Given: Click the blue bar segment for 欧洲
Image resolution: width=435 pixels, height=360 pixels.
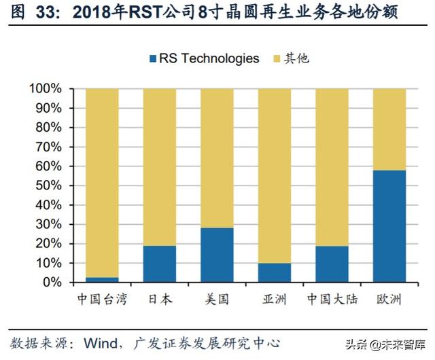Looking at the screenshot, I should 389,226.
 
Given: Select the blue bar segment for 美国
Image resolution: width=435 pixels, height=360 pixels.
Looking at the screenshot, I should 217,255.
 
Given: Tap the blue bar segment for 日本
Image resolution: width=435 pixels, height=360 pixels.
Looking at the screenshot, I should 160,264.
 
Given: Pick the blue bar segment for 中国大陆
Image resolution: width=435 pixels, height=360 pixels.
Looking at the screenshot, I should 332,264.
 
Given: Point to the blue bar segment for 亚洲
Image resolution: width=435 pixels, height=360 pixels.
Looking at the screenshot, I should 275,272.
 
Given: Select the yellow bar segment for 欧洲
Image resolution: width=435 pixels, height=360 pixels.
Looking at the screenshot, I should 389,129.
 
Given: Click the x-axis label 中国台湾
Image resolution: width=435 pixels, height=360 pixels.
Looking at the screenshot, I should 101,299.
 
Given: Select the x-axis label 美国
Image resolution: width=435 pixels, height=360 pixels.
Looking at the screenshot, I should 217,299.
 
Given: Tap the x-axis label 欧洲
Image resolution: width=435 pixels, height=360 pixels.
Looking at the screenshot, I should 389,299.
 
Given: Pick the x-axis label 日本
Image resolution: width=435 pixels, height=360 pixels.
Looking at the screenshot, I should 159,299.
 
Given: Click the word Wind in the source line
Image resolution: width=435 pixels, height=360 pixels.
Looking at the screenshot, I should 99,343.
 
